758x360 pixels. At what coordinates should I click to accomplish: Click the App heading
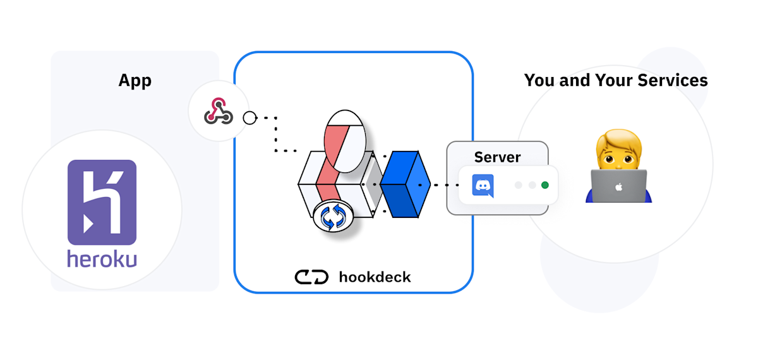tap(135, 81)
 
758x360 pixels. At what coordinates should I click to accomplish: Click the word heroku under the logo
tap(102, 259)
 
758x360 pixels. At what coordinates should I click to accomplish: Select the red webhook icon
tap(219, 112)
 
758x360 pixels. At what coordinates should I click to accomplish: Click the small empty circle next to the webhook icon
tap(250, 117)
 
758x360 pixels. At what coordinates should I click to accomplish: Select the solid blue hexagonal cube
tap(404, 184)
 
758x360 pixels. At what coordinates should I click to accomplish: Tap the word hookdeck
tap(375, 277)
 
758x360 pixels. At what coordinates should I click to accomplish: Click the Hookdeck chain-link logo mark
tap(311, 277)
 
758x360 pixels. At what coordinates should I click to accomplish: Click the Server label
tap(497, 157)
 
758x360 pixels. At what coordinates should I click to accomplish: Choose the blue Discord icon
tap(483, 185)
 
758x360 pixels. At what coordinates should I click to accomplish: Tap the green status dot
tap(544, 185)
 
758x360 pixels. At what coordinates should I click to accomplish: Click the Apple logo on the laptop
tap(619, 186)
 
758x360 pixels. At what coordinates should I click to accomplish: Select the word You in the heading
tap(539, 81)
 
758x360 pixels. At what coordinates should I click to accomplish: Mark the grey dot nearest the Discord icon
tap(519, 185)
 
